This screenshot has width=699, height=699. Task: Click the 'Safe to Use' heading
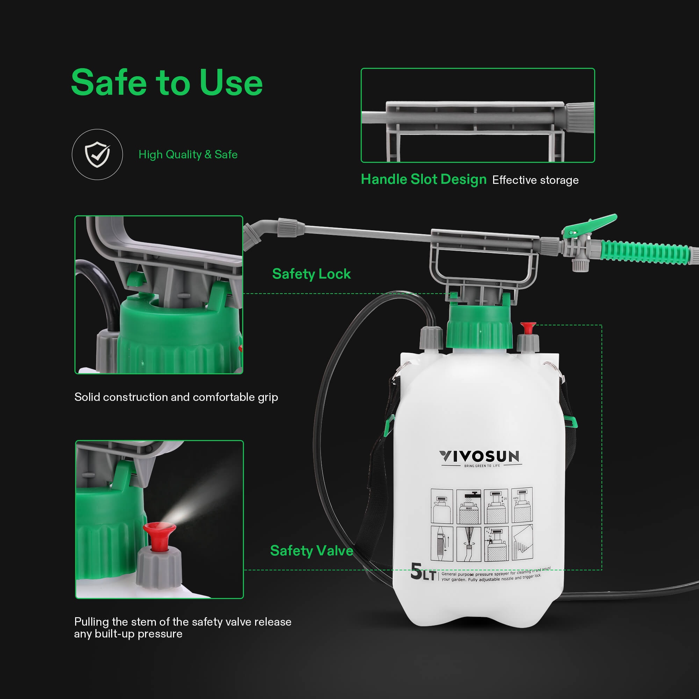(x=167, y=83)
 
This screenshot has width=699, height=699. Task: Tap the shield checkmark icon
(x=97, y=154)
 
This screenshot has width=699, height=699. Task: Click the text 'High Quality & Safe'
(x=188, y=154)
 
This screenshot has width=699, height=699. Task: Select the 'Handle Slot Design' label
(x=424, y=179)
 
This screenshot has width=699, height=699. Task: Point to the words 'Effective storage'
(x=535, y=180)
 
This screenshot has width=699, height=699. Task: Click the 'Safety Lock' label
(x=311, y=274)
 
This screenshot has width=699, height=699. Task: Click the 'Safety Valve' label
(x=311, y=551)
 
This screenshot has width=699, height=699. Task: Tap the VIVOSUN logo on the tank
(x=480, y=457)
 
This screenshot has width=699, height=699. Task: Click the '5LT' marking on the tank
(x=423, y=572)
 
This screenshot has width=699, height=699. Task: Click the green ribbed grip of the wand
(x=644, y=250)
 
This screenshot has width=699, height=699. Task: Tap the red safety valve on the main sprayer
(x=528, y=328)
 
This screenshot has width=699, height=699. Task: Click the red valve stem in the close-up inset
(x=159, y=535)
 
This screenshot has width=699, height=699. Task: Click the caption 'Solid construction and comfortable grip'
(x=176, y=397)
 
